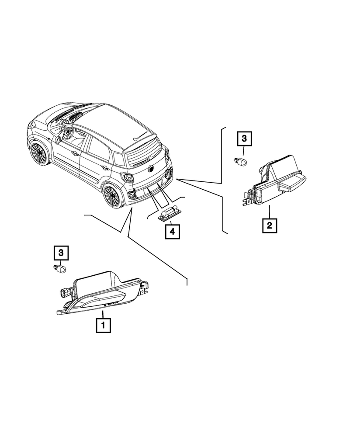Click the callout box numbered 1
pos(104,325)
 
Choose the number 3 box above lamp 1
pos(61,252)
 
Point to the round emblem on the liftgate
pos(152,168)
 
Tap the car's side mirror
pos(57,139)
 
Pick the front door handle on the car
pos(76,153)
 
